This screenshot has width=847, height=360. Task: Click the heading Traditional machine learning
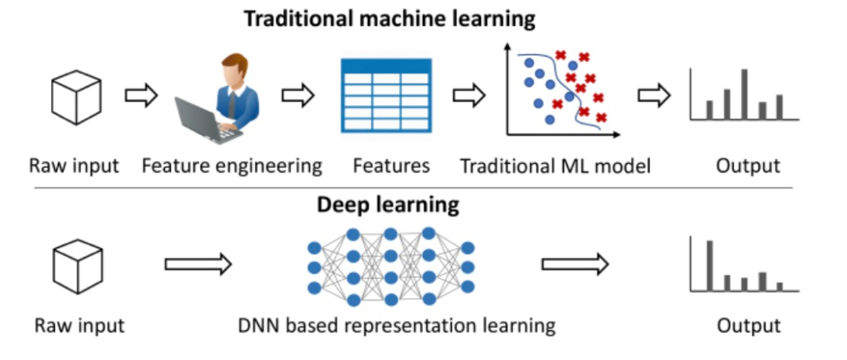tap(389, 19)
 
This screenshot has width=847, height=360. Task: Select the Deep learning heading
tap(387, 205)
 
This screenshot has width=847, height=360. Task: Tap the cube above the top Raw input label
tap(75, 97)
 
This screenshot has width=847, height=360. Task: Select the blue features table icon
tap(385, 95)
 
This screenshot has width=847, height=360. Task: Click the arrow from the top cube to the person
tap(141, 96)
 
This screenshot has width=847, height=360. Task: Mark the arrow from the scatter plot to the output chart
tap(654, 96)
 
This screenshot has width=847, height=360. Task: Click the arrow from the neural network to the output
tap(575, 264)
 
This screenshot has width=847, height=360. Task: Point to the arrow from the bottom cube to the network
tap(198, 264)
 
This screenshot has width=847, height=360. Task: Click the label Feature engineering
tap(232, 166)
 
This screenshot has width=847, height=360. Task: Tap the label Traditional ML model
tap(554, 166)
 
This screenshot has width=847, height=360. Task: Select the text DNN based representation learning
tap(397, 325)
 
